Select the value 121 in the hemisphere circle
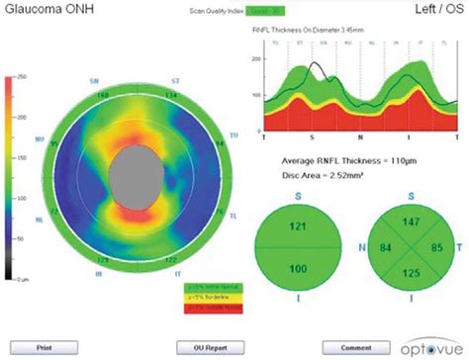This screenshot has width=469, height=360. [298, 226]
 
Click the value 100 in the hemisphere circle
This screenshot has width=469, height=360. [298, 268]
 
